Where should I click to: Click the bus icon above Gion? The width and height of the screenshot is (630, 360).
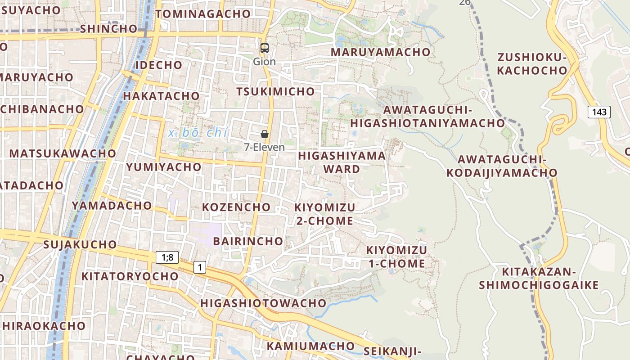click(x=265, y=48)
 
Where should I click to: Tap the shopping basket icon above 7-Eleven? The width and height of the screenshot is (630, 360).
click(x=265, y=134)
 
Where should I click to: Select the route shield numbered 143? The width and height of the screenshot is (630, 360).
click(x=599, y=112)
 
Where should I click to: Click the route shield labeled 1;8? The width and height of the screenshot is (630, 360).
click(x=167, y=257)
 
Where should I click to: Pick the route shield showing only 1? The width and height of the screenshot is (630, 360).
click(x=199, y=267)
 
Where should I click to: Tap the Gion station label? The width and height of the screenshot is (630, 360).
click(x=264, y=61)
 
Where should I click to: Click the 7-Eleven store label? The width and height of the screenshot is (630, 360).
click(x=264, y=147)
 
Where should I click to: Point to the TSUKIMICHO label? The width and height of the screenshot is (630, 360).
click(x=275, y=91)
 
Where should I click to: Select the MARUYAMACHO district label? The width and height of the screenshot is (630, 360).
click(x=381, y=52)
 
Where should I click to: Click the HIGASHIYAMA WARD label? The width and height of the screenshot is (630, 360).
click(x=342, y=162)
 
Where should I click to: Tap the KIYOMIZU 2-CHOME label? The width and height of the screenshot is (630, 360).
click(x=324, y=214)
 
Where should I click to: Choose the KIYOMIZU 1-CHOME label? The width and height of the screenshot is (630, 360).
click(x=396, y=256)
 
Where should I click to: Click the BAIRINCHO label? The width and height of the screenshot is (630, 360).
click(x=248, y=241)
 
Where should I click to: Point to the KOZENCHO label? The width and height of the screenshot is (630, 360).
click(x=236, y=207)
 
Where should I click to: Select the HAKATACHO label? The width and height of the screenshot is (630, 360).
click(x=161, y=96)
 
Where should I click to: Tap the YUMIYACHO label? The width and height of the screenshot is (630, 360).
click(x=164, y=167)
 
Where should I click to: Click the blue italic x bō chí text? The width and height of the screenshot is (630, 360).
click(x=198, y=133)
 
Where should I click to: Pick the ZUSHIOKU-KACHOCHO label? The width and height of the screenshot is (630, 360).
click(x=532, y=64)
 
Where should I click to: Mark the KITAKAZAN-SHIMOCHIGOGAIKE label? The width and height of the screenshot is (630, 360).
click(x=539, y=278)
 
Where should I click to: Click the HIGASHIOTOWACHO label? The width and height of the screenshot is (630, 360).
click(x=263, y=303)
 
